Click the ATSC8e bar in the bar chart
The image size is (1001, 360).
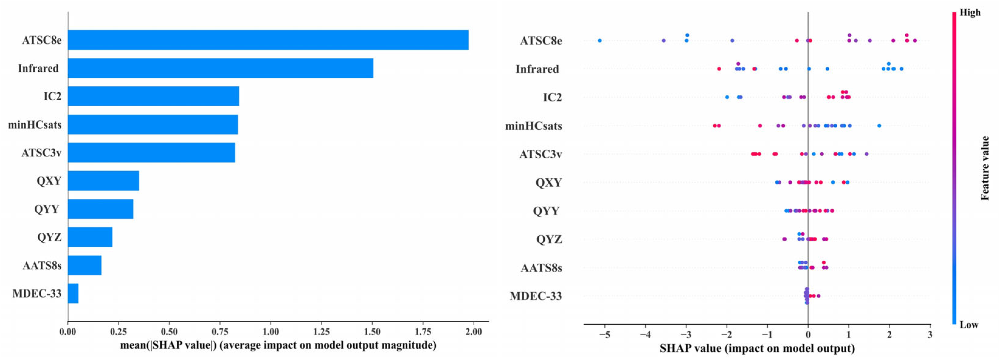click(x=268, y=40)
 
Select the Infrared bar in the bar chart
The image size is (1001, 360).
click(x=220, y=68)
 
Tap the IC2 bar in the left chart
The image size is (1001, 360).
click(x=153, y=96)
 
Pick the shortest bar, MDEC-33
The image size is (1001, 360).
click(x=73, y=293)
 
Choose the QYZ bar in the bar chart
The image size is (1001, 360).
click(x=90, y=237)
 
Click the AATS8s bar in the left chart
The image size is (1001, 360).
click(x=85, y=266)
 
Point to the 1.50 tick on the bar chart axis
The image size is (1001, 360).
click(x=372, y=332)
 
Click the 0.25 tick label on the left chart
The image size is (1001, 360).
click(x=118, y=332)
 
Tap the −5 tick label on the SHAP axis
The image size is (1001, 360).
click(x=604, y=335)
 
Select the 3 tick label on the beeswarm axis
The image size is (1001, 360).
click(x=930, y=335)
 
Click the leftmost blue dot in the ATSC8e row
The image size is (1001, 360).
click(x=600, y=40)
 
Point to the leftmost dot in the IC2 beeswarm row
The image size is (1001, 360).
click(x=727, y=97)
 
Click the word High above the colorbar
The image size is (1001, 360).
click(x=970, y=12)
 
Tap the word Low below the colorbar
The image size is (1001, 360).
click(x=969, y=325)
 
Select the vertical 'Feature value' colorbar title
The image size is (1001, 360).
click(x=984, y=168)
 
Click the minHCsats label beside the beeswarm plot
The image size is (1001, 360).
click(x=533, y=126)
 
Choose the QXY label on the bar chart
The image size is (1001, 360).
click(x=49, y=181)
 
